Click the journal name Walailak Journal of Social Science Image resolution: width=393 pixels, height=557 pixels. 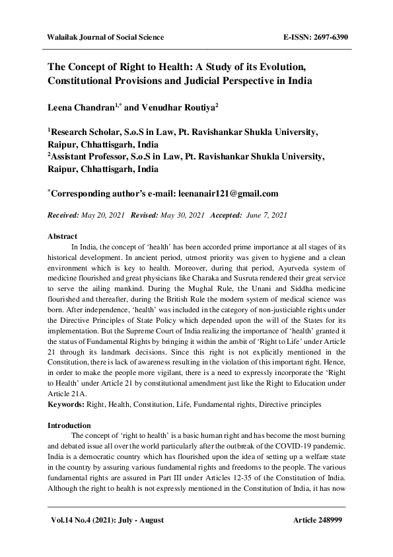[x=105, y=37]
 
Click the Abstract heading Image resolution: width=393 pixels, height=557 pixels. [x=63, y=236]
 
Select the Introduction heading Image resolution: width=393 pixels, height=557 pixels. [x=69, y=425]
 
